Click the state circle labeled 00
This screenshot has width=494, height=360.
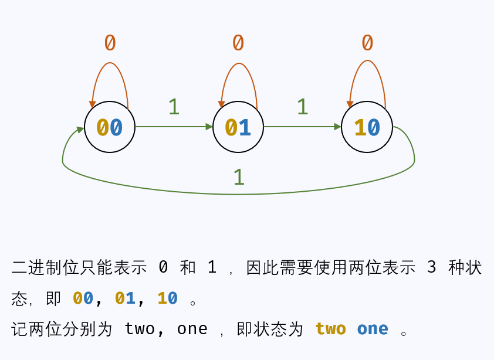coord(110,127)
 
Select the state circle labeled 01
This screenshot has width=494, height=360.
coord(238,127)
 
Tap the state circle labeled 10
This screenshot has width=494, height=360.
coord(367,127)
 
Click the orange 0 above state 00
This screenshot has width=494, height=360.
coord(110,43)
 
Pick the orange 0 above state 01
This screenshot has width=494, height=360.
coord(238,43)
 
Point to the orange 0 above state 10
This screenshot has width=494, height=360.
coord(367,43)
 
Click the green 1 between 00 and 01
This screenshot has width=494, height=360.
coord(174,107)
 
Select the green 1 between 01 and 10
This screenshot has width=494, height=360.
coord(302,107)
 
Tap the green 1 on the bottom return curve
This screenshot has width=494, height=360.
coord(238,177)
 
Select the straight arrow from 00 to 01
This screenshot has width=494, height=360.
coord(174,127)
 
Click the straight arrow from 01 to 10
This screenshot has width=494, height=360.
coord(302,127)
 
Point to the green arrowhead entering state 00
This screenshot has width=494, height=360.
coord(80,129)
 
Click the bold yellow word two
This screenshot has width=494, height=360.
coord(330,328)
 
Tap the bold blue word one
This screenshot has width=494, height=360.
coord(373,328)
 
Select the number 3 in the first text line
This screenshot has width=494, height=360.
coord(432,267)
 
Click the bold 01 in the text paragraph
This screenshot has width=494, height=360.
coord(125,298)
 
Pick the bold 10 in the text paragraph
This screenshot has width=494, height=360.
coord(167,298)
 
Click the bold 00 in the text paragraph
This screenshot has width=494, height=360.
coord(83,298)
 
